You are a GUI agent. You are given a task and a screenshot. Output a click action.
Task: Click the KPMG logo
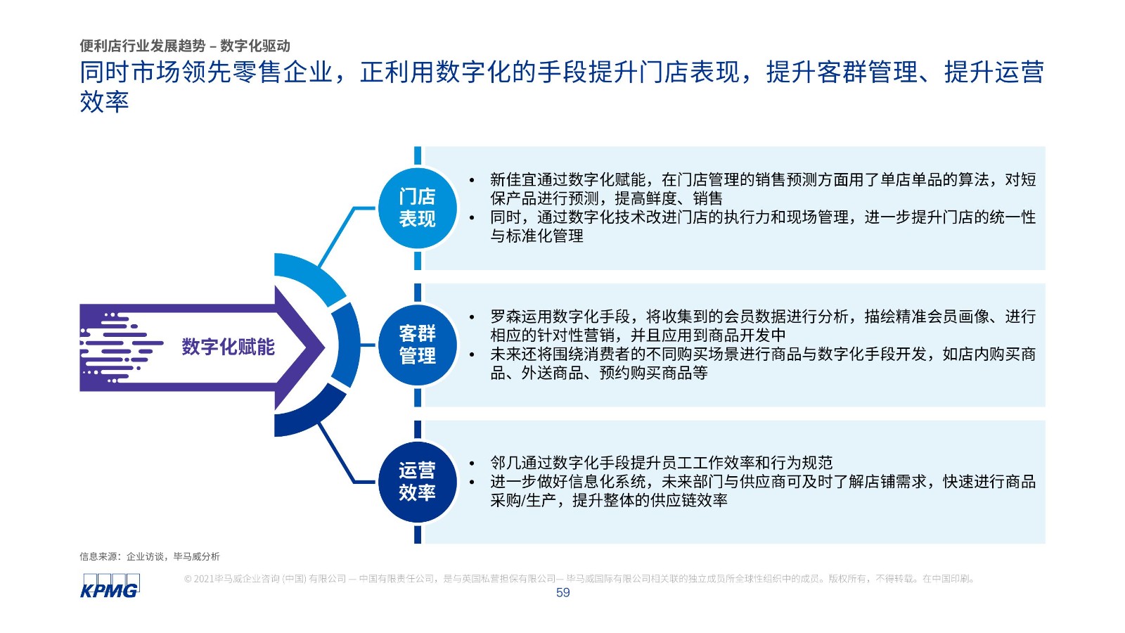(110, 585)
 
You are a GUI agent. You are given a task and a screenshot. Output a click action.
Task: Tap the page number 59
(562, 593)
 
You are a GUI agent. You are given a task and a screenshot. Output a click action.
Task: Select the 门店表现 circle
(418, 208)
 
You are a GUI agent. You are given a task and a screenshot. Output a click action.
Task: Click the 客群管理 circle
(418, 345)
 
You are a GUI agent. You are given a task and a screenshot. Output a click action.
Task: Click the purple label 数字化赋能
(228, 347)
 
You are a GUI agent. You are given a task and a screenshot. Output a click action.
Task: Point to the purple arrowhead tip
(324, 347)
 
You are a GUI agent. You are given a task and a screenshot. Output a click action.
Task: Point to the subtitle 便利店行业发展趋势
(143, 46)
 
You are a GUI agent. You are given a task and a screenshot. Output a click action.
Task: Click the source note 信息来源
(98, 556)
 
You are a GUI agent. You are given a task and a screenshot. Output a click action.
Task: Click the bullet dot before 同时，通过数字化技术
(472, 217)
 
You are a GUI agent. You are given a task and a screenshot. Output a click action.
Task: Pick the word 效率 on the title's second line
(105, 101)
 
